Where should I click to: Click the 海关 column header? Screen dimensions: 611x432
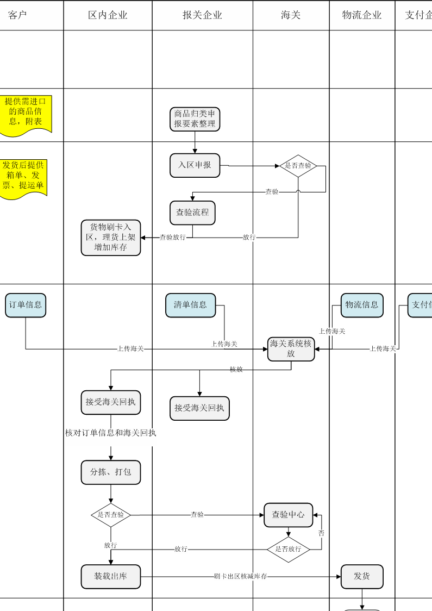(291, 15)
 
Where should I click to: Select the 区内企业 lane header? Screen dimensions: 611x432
(108, 15)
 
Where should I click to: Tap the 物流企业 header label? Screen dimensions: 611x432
(362, 15)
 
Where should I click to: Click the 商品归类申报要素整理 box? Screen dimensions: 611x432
(195, 119)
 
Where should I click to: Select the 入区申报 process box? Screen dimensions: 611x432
(195, 165)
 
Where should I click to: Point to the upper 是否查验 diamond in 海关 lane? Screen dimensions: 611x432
(298, 166)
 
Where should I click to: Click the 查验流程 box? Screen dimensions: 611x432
(192, 213)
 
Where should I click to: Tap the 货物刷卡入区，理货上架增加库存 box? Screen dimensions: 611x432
(111, 238)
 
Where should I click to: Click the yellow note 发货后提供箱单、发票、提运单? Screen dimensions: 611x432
(23, 177)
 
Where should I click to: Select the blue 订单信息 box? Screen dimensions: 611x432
(26, 305)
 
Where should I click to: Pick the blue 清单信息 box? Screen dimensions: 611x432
(190, 305)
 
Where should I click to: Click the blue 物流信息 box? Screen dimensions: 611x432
(362, 305)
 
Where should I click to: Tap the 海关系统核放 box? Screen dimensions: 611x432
(291, 349)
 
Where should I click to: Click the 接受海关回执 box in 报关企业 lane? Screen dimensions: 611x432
(199, 408)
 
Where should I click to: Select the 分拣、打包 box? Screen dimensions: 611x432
(111, 472)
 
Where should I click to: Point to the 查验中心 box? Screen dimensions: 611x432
(289, 515)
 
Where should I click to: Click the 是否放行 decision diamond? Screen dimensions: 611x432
(288, 549)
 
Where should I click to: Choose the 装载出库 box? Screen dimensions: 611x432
(111, 576)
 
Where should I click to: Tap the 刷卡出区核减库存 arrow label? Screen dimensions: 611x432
(240, 576)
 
